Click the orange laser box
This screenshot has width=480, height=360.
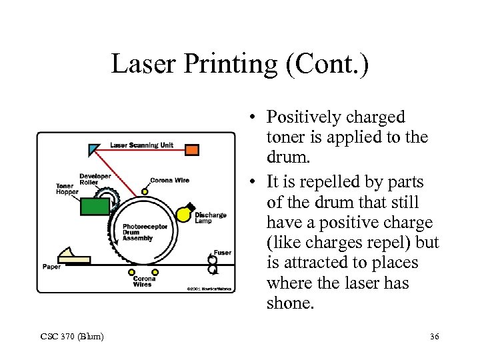(192, 149)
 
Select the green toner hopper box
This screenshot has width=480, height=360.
(95, 206)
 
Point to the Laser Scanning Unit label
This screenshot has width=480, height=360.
(141, 145)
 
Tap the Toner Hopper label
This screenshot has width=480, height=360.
(67, 189)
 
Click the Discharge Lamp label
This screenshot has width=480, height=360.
(210, 218)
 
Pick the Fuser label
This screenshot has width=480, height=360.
(222, 253)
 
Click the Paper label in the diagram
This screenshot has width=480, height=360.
(52, 267)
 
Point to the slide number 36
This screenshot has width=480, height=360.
(434, 337)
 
